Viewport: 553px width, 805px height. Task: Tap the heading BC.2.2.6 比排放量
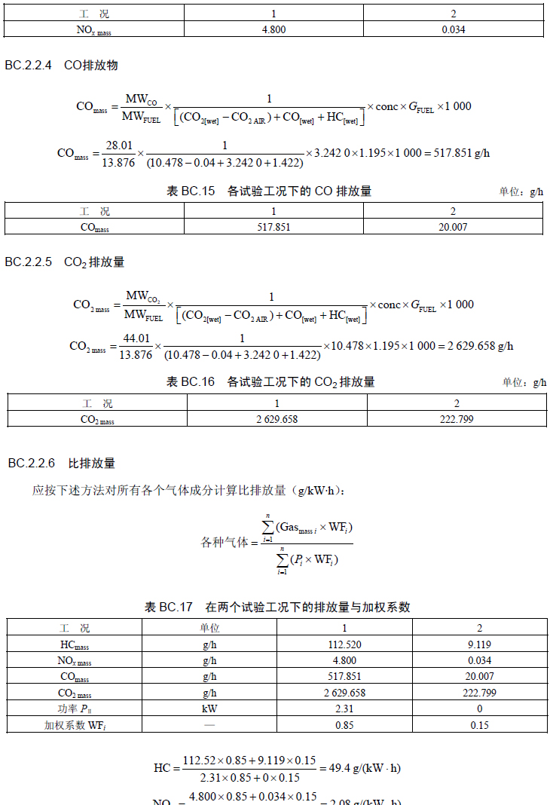(62, 463)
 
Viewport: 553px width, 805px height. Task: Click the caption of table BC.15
(269, 191)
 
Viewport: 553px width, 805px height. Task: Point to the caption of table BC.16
(270, 382)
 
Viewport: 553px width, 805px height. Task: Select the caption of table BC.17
(277, 608)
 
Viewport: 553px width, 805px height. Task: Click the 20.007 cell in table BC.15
(453, 227)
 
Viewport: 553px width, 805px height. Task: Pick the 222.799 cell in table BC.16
(457, 419)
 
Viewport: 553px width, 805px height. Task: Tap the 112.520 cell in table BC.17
(344, 644)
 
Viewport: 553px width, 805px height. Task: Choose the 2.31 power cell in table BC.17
(344, 709)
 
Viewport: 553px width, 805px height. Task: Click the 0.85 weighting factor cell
(344, 725)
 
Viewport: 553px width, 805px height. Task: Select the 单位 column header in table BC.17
(209, 628)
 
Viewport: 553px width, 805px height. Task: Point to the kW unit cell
(209, 709)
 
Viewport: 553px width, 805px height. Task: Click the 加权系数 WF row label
(75, 725)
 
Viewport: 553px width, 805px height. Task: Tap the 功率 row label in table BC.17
(75, 709)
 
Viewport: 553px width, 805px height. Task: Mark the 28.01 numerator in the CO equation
(119, 145)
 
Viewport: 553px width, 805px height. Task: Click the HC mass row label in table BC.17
(75, 644)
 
